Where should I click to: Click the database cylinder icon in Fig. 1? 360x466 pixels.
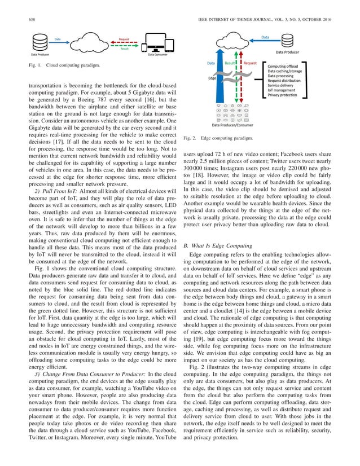click(38, 43)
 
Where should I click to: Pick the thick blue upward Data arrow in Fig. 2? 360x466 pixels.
click(214, 85)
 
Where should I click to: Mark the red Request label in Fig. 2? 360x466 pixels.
click(251, 64)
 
